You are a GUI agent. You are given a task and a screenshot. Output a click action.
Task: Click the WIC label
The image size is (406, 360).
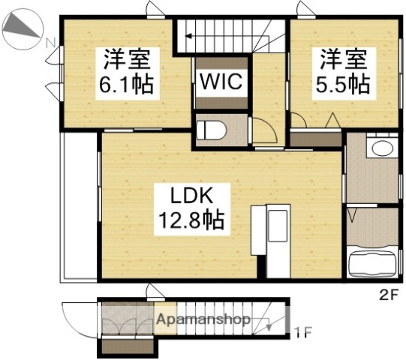point(221,81)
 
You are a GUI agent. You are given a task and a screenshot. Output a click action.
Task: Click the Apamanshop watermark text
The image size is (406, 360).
point(203,318)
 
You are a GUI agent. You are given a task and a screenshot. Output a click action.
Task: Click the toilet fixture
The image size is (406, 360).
point(211,130)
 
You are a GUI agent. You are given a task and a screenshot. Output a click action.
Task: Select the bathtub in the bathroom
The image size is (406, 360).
point(374,264)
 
